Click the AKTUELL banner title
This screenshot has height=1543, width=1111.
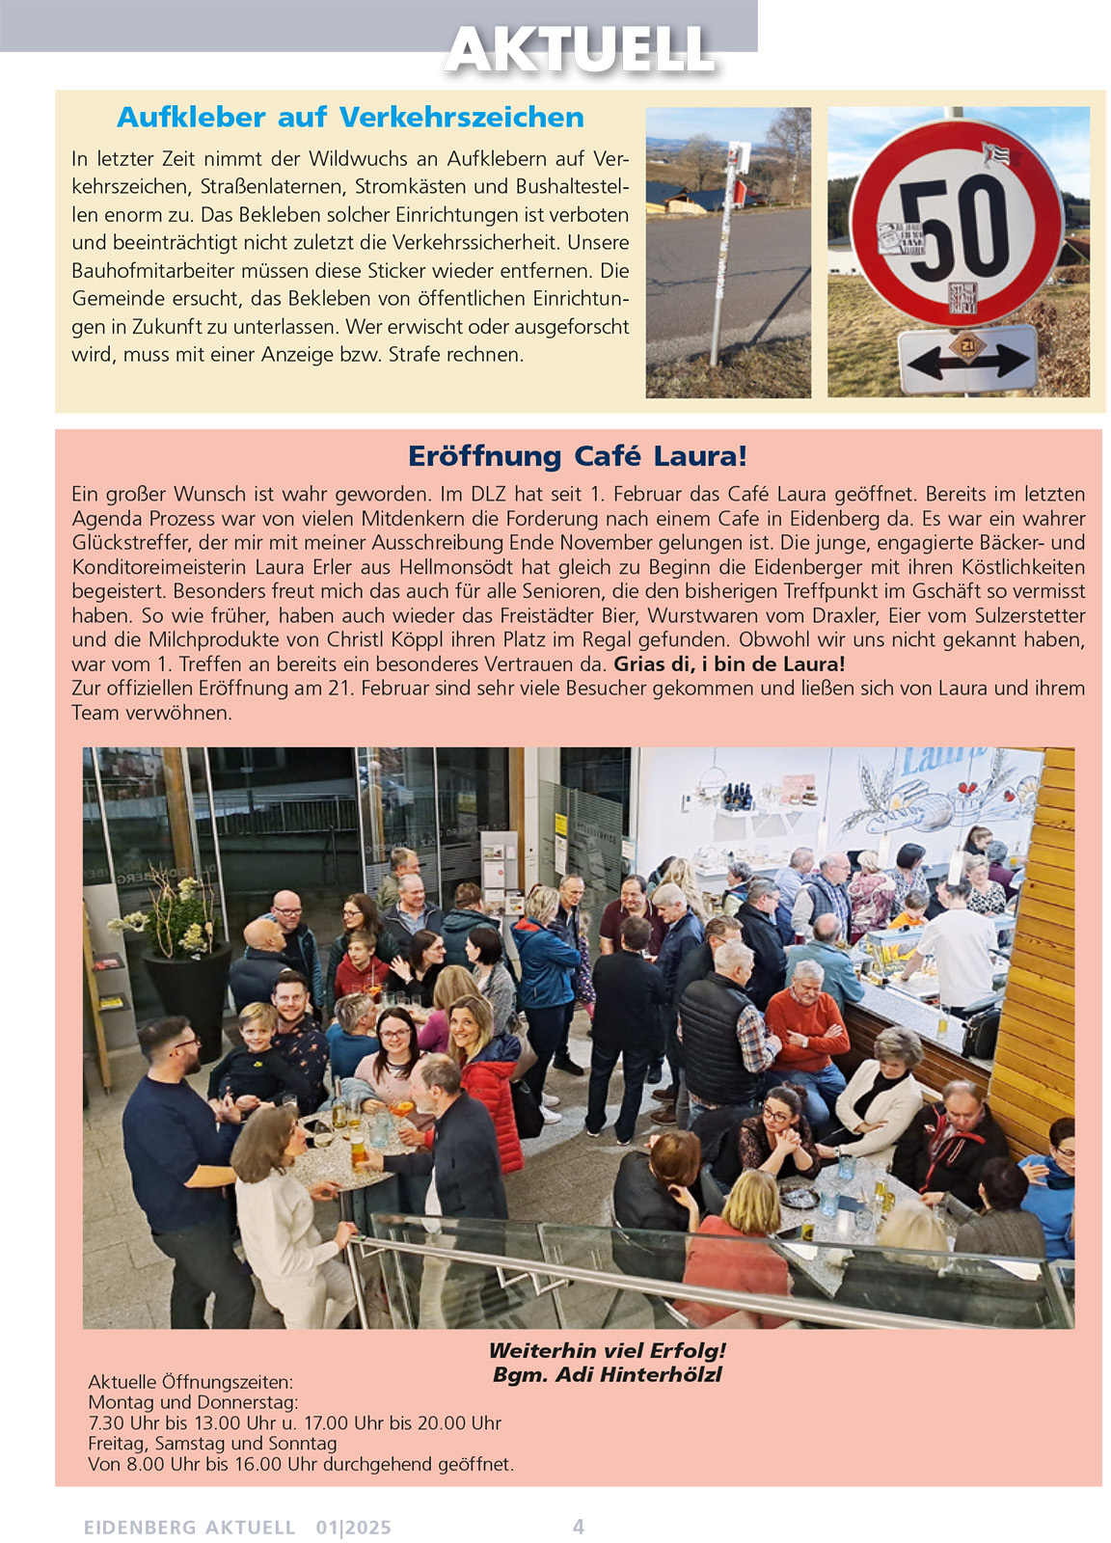point(580,48)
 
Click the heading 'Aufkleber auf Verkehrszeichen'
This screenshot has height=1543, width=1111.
point(350,118)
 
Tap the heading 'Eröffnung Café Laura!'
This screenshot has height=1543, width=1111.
point(578,456)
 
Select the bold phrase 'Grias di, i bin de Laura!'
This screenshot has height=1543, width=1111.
point(729,664)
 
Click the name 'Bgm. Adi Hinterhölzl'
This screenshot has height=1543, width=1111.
point(607,1375)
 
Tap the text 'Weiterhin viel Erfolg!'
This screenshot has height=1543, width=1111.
point(607,1351)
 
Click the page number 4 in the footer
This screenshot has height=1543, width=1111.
point(579,1526)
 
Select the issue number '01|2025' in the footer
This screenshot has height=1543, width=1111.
point(353,1528)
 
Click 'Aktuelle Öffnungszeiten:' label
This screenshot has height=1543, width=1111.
point(190,1382)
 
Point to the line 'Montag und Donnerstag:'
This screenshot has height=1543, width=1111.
point(193,1402)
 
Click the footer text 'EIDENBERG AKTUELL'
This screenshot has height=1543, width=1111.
point(189,1528)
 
